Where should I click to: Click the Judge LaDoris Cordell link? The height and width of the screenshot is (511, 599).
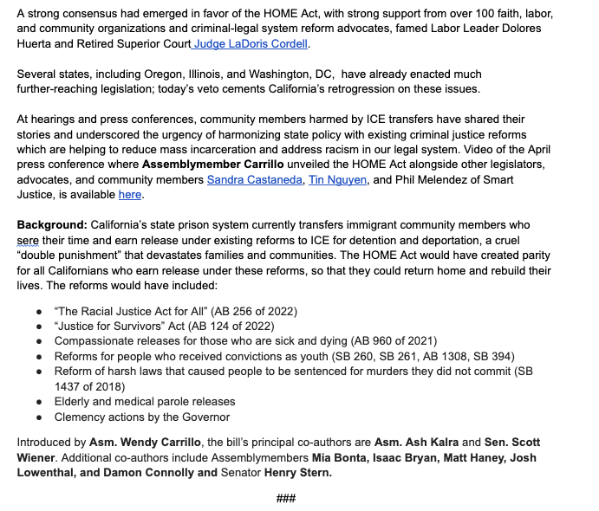[x=251, y=43]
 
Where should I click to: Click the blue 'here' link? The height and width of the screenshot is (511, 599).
[x=130, y=195]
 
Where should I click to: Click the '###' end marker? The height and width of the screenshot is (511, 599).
[x=287, y=499]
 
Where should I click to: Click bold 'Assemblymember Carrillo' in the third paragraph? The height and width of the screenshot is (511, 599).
[x=213, y=164]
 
